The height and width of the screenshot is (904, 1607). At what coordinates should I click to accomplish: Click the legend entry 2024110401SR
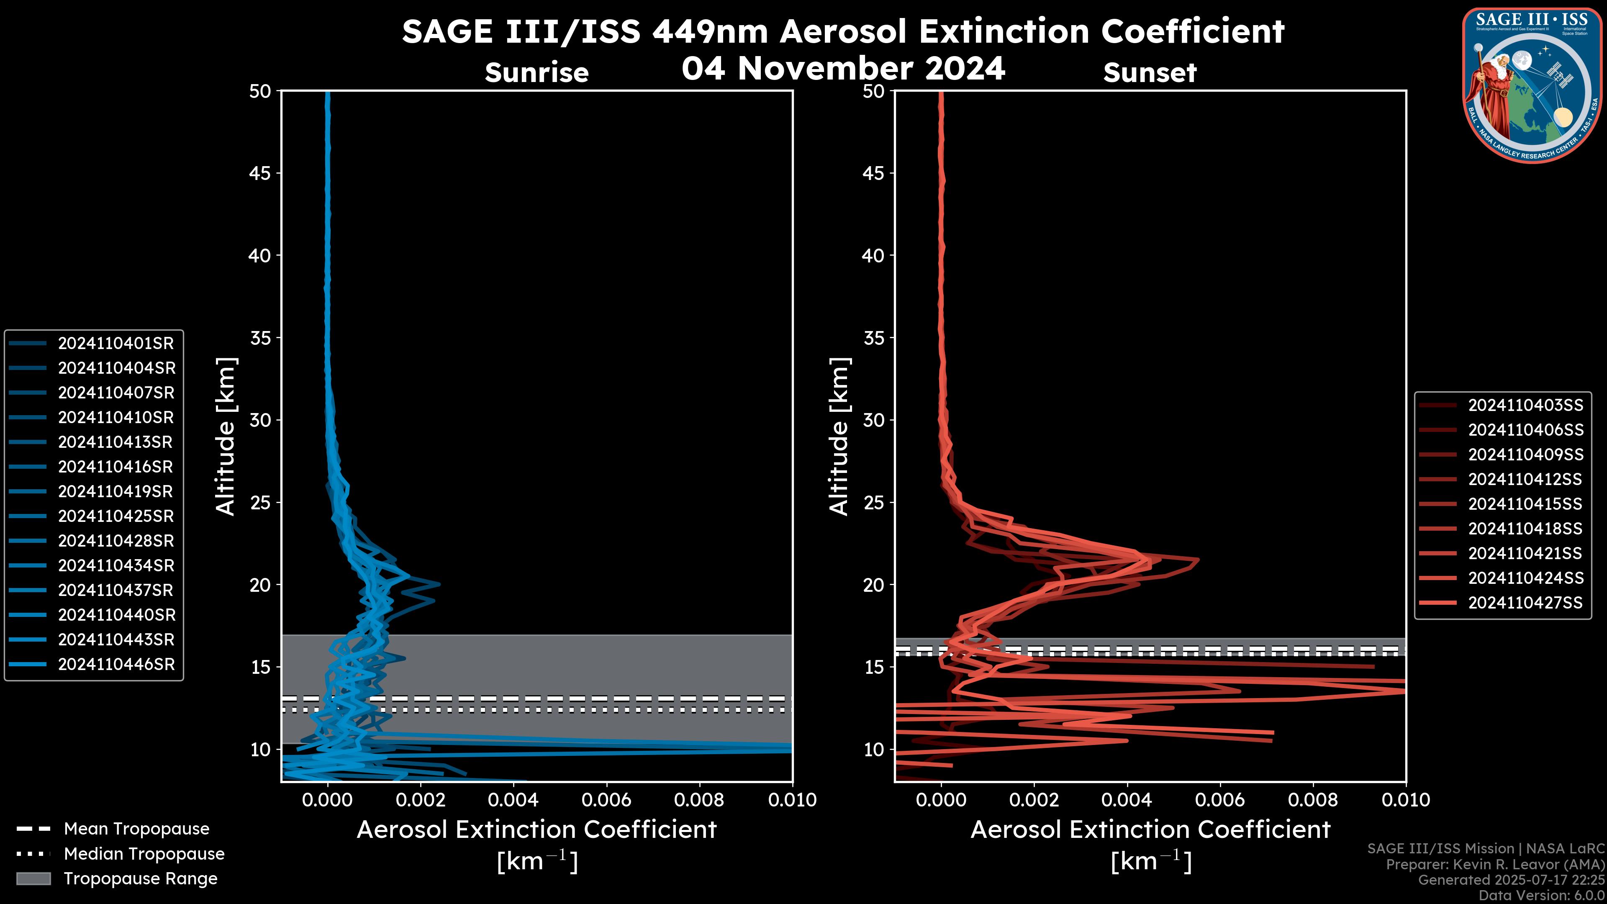coord(116,343)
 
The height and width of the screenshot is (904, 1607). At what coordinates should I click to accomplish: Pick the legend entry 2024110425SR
coord(116,516)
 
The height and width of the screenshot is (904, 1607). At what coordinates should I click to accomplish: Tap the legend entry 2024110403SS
coord(1525,405)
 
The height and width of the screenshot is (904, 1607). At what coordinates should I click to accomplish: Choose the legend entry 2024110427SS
coord(1525,603)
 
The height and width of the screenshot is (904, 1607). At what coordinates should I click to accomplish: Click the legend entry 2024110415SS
coord(1525,503)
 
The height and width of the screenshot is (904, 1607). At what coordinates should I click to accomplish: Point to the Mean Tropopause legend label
coord(136,829)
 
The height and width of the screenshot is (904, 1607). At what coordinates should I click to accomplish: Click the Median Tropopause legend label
coord(144,853)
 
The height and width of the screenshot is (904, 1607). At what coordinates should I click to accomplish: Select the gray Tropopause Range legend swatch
coord(33,878)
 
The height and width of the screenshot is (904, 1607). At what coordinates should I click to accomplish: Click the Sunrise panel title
coord(537,72)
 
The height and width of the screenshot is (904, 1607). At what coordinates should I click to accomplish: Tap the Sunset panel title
coord(1150,72)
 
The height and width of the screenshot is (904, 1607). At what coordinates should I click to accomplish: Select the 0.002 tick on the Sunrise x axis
coord(421,800)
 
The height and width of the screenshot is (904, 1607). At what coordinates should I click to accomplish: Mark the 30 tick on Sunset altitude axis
coord(874,420)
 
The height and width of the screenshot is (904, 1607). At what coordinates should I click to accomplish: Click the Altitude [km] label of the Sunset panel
coord(839,436)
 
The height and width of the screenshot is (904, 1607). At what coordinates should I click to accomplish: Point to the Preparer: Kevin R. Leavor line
coord(1495,864)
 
